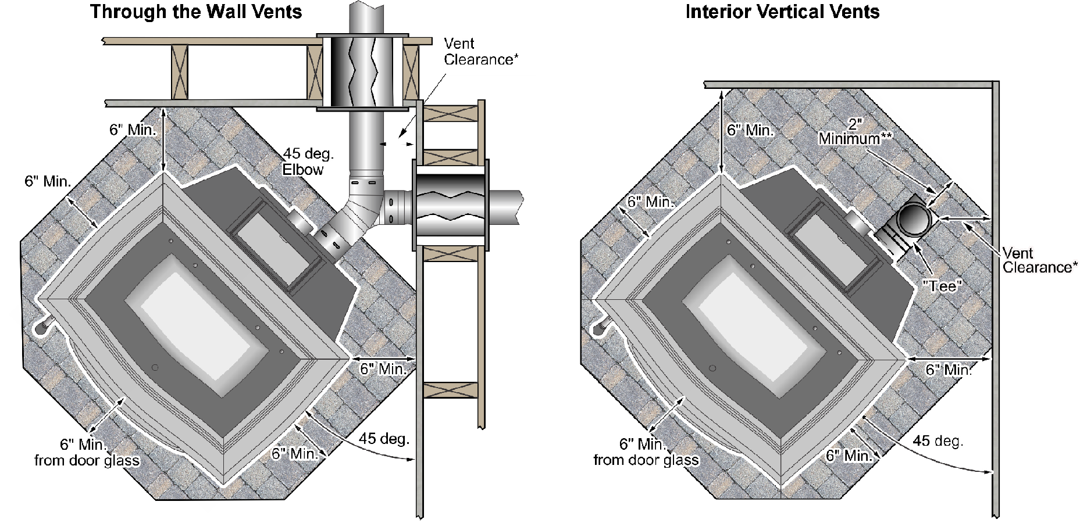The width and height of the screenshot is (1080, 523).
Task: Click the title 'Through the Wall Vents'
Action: (196, 12)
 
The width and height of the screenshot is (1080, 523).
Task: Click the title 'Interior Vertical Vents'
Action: (782, 12)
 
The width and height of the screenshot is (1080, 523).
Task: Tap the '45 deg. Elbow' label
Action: (308, 162)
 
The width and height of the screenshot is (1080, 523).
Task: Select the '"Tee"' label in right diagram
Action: (942, 286)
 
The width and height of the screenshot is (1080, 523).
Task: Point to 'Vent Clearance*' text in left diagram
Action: (480, 51)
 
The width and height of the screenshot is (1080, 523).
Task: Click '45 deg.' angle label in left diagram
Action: (383, 439)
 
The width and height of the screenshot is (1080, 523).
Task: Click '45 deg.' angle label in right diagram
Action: (938, 440)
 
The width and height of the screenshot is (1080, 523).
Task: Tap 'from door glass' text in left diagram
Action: (87, 461)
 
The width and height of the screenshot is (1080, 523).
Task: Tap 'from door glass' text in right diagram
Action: (646, 461)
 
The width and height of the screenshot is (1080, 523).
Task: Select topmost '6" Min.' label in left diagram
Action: (133, 130)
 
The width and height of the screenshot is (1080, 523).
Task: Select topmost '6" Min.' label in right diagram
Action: (750, 130)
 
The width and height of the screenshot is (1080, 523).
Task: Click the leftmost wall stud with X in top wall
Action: (180, 72)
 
